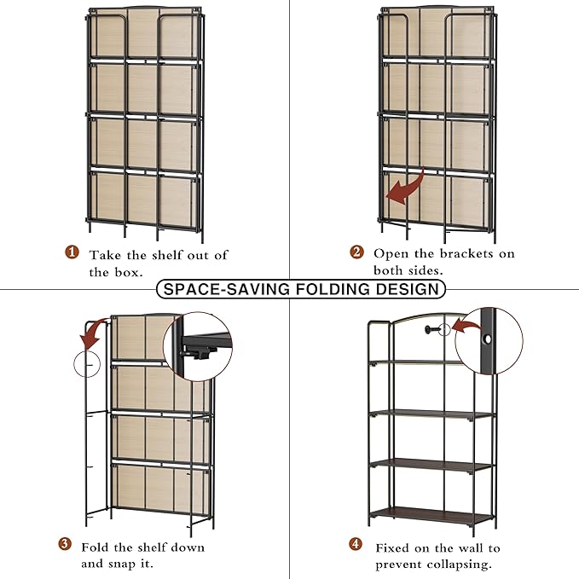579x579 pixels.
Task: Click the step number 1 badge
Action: coord(72,252)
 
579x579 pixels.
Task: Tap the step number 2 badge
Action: coord(356,252)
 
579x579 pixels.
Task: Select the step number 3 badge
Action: coord(65,544)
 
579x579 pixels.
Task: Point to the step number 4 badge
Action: coord(356,543)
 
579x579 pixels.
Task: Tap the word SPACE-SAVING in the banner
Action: coord(226,289)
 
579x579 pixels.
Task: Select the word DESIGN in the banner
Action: coord(408,289)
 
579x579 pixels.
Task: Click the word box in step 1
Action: coord(128,273)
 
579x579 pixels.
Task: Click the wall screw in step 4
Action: coord(431,329)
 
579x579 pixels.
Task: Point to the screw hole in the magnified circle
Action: coord(488,339)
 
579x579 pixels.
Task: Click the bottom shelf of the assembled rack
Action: coord(431,515)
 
